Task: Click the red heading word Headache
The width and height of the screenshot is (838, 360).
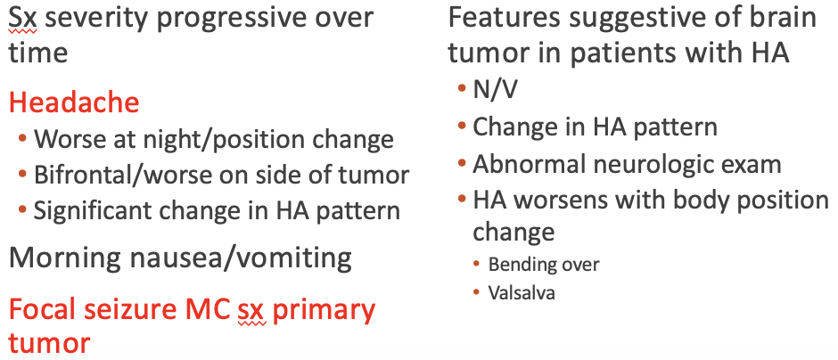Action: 74,102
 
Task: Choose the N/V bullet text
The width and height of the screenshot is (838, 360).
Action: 496,91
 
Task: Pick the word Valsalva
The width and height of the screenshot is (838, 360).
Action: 522,292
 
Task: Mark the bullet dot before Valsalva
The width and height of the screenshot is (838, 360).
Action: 476,292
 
